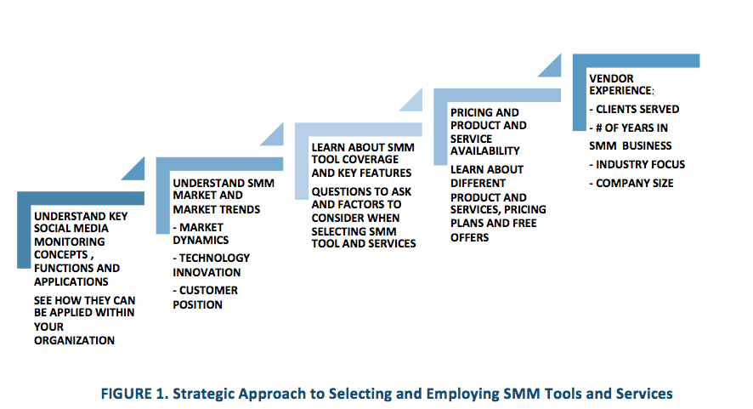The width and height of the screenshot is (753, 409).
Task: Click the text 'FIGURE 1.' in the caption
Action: pyautogui.click(x=134, y=394)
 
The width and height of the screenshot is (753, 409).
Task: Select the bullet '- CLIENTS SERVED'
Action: pyautogui.click(x=634, y=110)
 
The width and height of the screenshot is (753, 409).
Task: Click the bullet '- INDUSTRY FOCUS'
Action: pyautogui.click(x=637, y=165)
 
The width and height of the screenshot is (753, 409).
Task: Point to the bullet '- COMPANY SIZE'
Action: pyautogui.click(x=631, y=184)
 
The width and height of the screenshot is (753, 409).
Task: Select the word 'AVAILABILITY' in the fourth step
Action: pyautogui.click(x=485, y=151)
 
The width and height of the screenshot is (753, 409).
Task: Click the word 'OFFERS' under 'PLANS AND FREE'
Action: pyautogui.click(x=470, y=237)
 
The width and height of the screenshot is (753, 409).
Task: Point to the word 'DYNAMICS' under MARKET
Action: pyautogui.click(x=201, y=241)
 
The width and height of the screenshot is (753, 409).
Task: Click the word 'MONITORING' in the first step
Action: pyautogui.click(x=70, y=241)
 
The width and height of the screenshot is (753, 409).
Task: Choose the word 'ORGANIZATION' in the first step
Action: pyautogui.click(x=75, y=341)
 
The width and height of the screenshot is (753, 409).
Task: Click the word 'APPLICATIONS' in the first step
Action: pyautogui.click(x=71, y=281)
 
